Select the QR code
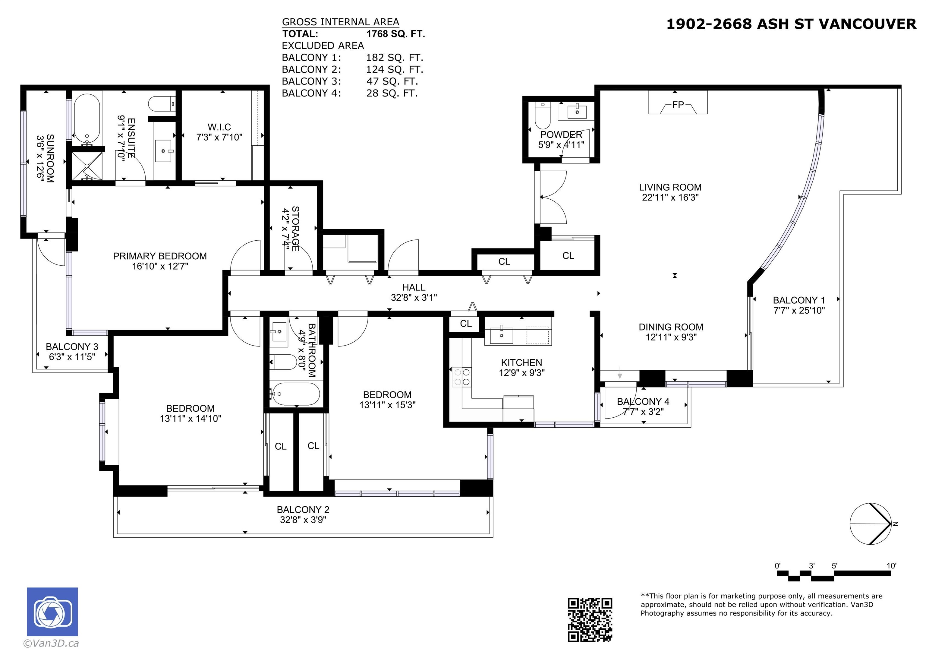click(x=590, y=619)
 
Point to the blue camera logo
click(x=52, y=612)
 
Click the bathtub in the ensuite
click(x=87, y=119)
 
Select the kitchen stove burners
click(x=462, y=377)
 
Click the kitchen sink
click(x=501, y=335)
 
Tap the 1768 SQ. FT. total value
click(x=396, y=34)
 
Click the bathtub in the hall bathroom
click(x=296, y=394)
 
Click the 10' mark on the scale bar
click(x=891, y=565)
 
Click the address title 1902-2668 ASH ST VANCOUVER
click(x=791, y=24)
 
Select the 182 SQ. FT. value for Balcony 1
click(x=395, y=57)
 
